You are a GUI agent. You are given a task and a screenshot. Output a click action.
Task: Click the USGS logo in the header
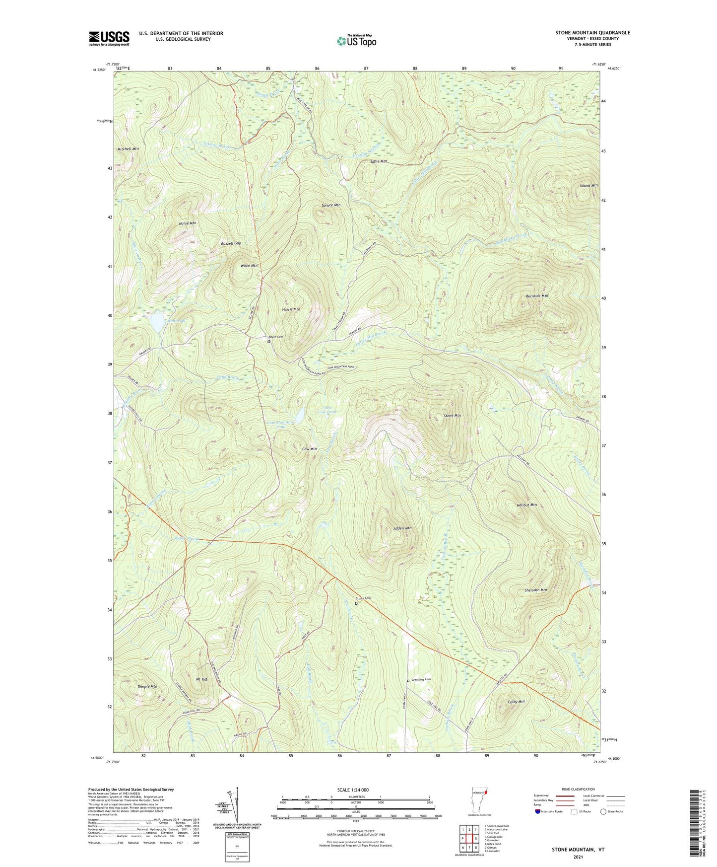click(109, 38)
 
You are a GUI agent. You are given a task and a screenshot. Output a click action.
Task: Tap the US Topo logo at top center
click(356, 40)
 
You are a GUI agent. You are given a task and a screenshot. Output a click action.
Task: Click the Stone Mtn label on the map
click(452, 416)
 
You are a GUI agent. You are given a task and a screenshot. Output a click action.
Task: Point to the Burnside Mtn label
click(537, 296)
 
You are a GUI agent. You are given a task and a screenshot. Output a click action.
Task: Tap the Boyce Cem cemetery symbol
click(269, 342)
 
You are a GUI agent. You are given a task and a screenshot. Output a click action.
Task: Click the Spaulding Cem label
click(421, 680)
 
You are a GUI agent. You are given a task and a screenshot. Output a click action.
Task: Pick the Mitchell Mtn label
click(128, 149)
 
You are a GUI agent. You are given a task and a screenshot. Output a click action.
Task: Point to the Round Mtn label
click(588, 186)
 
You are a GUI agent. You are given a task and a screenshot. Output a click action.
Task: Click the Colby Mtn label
click(516, 702)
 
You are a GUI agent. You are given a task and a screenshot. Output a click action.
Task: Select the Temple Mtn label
click(147, 687)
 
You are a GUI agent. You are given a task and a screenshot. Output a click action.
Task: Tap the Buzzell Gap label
click(231, 244)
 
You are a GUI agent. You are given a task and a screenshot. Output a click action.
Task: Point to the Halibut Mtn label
click(526, 505)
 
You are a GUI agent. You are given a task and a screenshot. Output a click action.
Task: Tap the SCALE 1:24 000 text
click(353, 790)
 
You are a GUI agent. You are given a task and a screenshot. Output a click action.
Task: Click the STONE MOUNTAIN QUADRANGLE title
click(592, 33)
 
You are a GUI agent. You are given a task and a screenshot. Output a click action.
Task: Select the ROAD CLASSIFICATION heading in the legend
click(578, 789)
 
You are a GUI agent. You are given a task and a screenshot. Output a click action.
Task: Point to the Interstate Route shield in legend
click(539, 811)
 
